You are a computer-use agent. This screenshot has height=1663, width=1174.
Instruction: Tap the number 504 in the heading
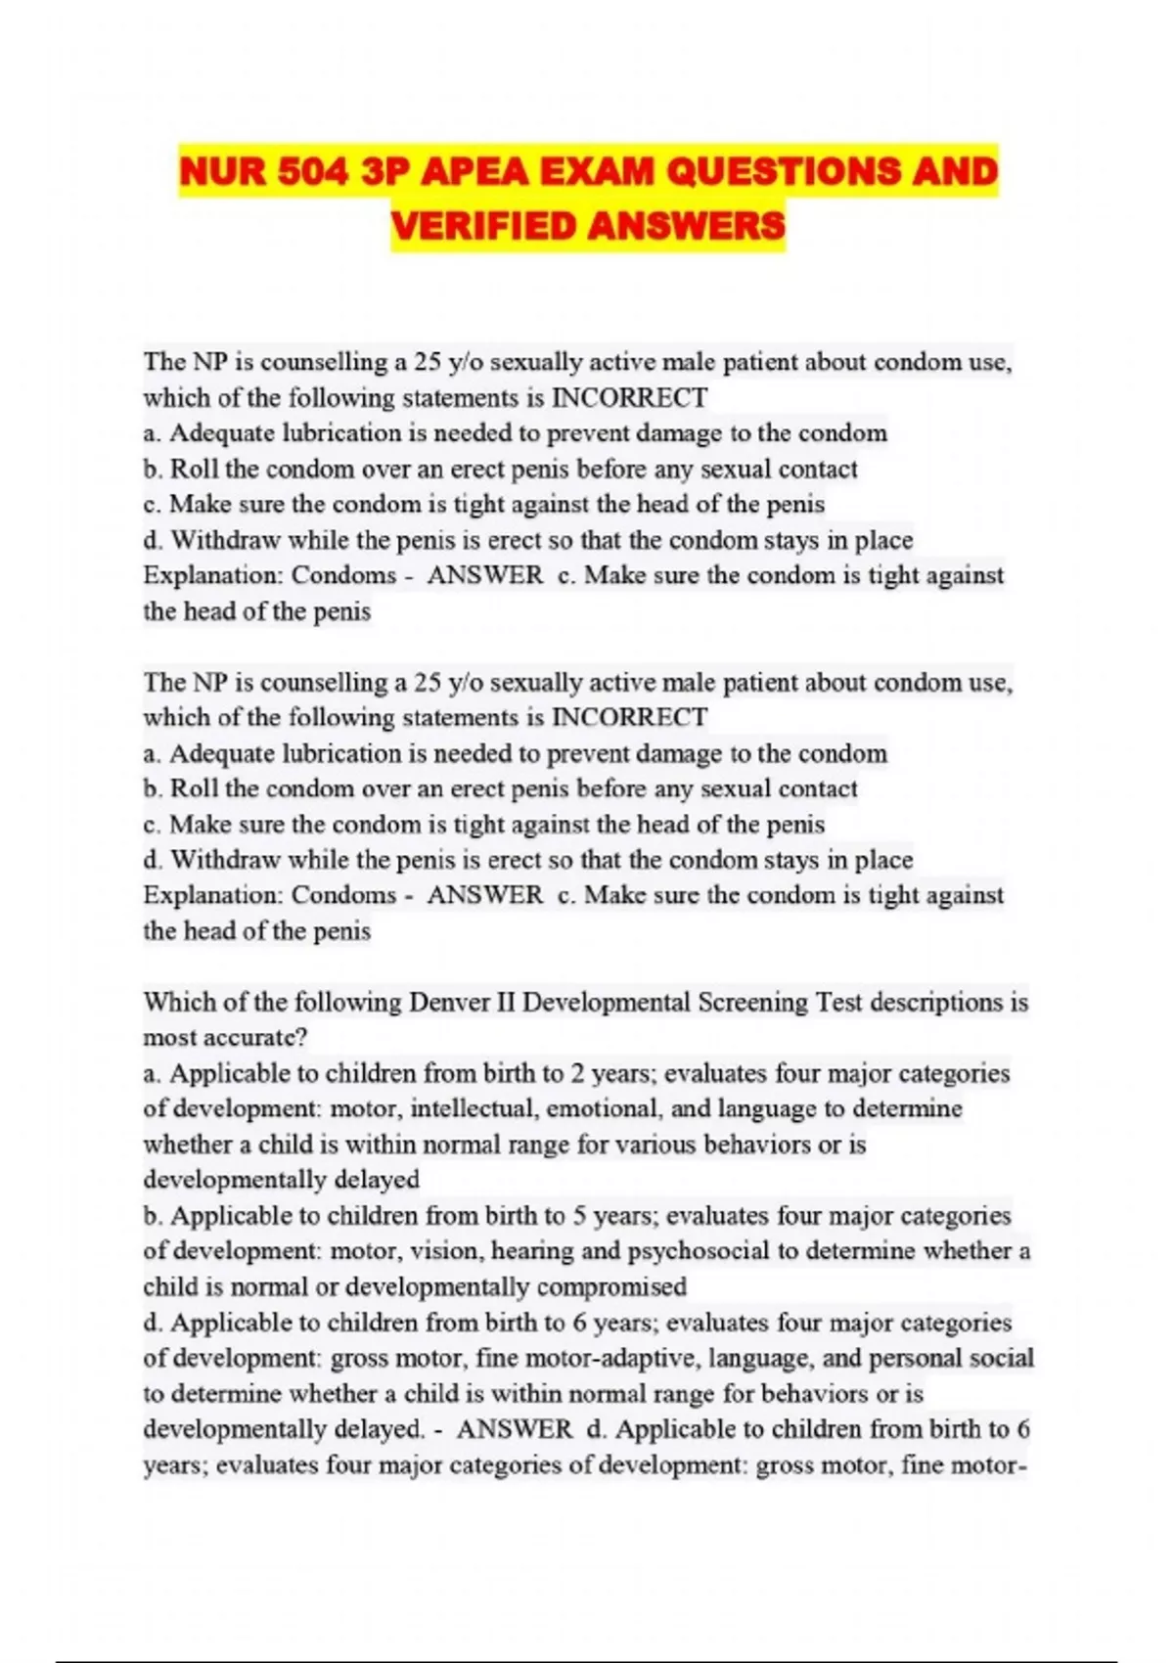tap(314, 172)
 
